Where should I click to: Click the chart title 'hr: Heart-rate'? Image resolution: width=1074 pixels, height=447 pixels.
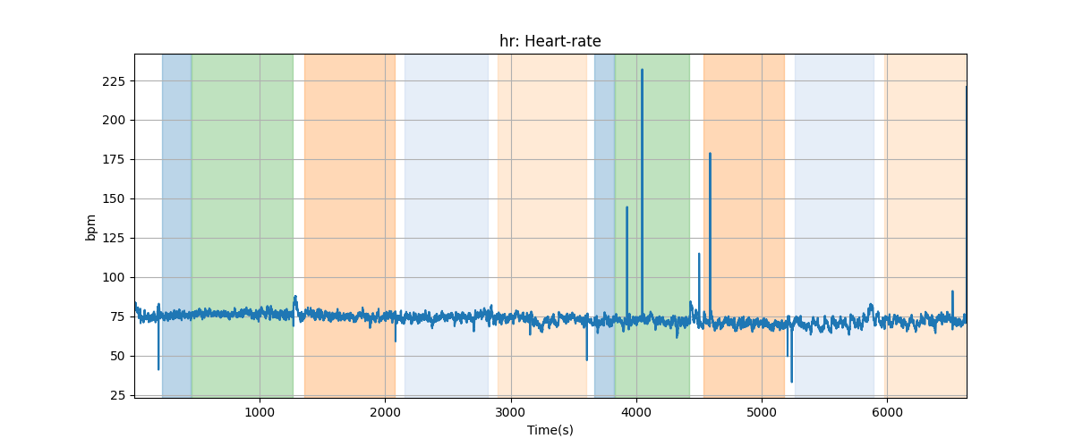pos(550,41)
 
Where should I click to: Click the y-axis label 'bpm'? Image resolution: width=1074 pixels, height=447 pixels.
pos(90,226)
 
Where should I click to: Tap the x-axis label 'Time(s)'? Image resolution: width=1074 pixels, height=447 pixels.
pos(550,430)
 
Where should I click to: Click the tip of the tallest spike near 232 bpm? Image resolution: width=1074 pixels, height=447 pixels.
pos(642,70)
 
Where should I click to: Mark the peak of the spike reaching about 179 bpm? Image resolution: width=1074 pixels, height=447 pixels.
pos(710,154)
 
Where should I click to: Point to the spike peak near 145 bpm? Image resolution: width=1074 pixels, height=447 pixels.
pos(626,207)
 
